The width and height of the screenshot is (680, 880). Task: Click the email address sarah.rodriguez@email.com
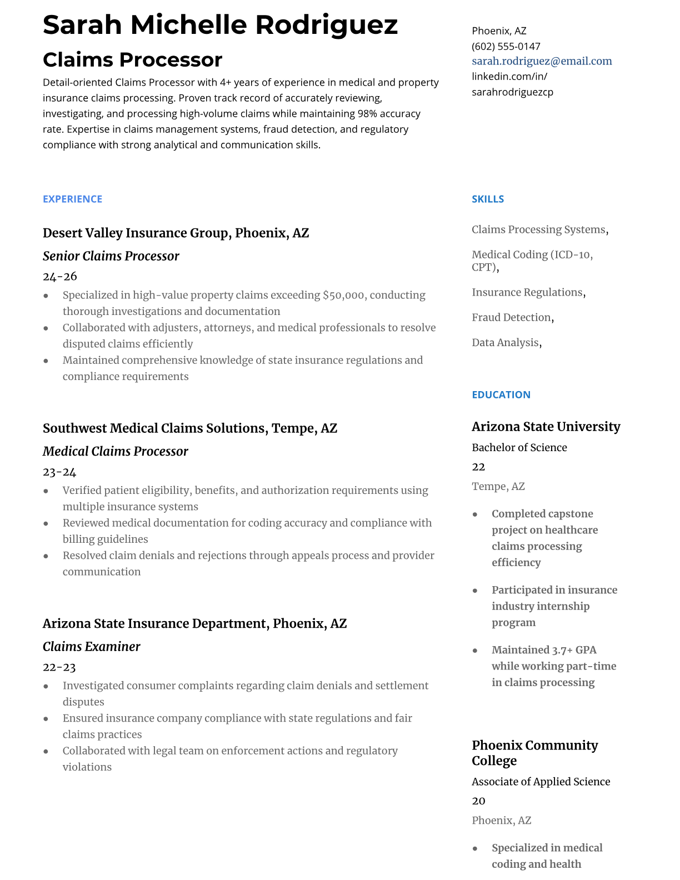pos(542,61)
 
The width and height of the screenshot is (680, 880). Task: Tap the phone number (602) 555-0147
pos(506,46)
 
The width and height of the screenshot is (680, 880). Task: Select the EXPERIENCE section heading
pos(73,199)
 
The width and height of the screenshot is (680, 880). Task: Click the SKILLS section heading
pos(488,199)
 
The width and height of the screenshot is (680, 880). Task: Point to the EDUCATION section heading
pos(501,394)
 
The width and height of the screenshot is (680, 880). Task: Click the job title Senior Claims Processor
pos(111,256)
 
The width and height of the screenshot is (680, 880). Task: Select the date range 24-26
pos(60,276)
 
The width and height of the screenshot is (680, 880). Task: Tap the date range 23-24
pos(59,472)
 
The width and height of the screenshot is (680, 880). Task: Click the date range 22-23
pos(59,667)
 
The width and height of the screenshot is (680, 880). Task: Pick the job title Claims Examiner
pos(92,647)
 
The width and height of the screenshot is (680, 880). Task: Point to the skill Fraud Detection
pos(511,317)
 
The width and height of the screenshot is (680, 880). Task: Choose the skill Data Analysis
pos(506,342)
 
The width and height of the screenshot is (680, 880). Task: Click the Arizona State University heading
pos(546,427)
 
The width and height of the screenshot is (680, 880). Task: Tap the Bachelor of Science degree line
pos(519,447)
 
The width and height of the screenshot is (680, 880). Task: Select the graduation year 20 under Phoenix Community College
pos(478,801)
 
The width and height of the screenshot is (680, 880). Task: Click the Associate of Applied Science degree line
pos(541,782)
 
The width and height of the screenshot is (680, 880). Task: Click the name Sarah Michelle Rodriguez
pos(221,24)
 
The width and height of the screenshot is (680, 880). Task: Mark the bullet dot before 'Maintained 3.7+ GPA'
pos(475,650)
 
